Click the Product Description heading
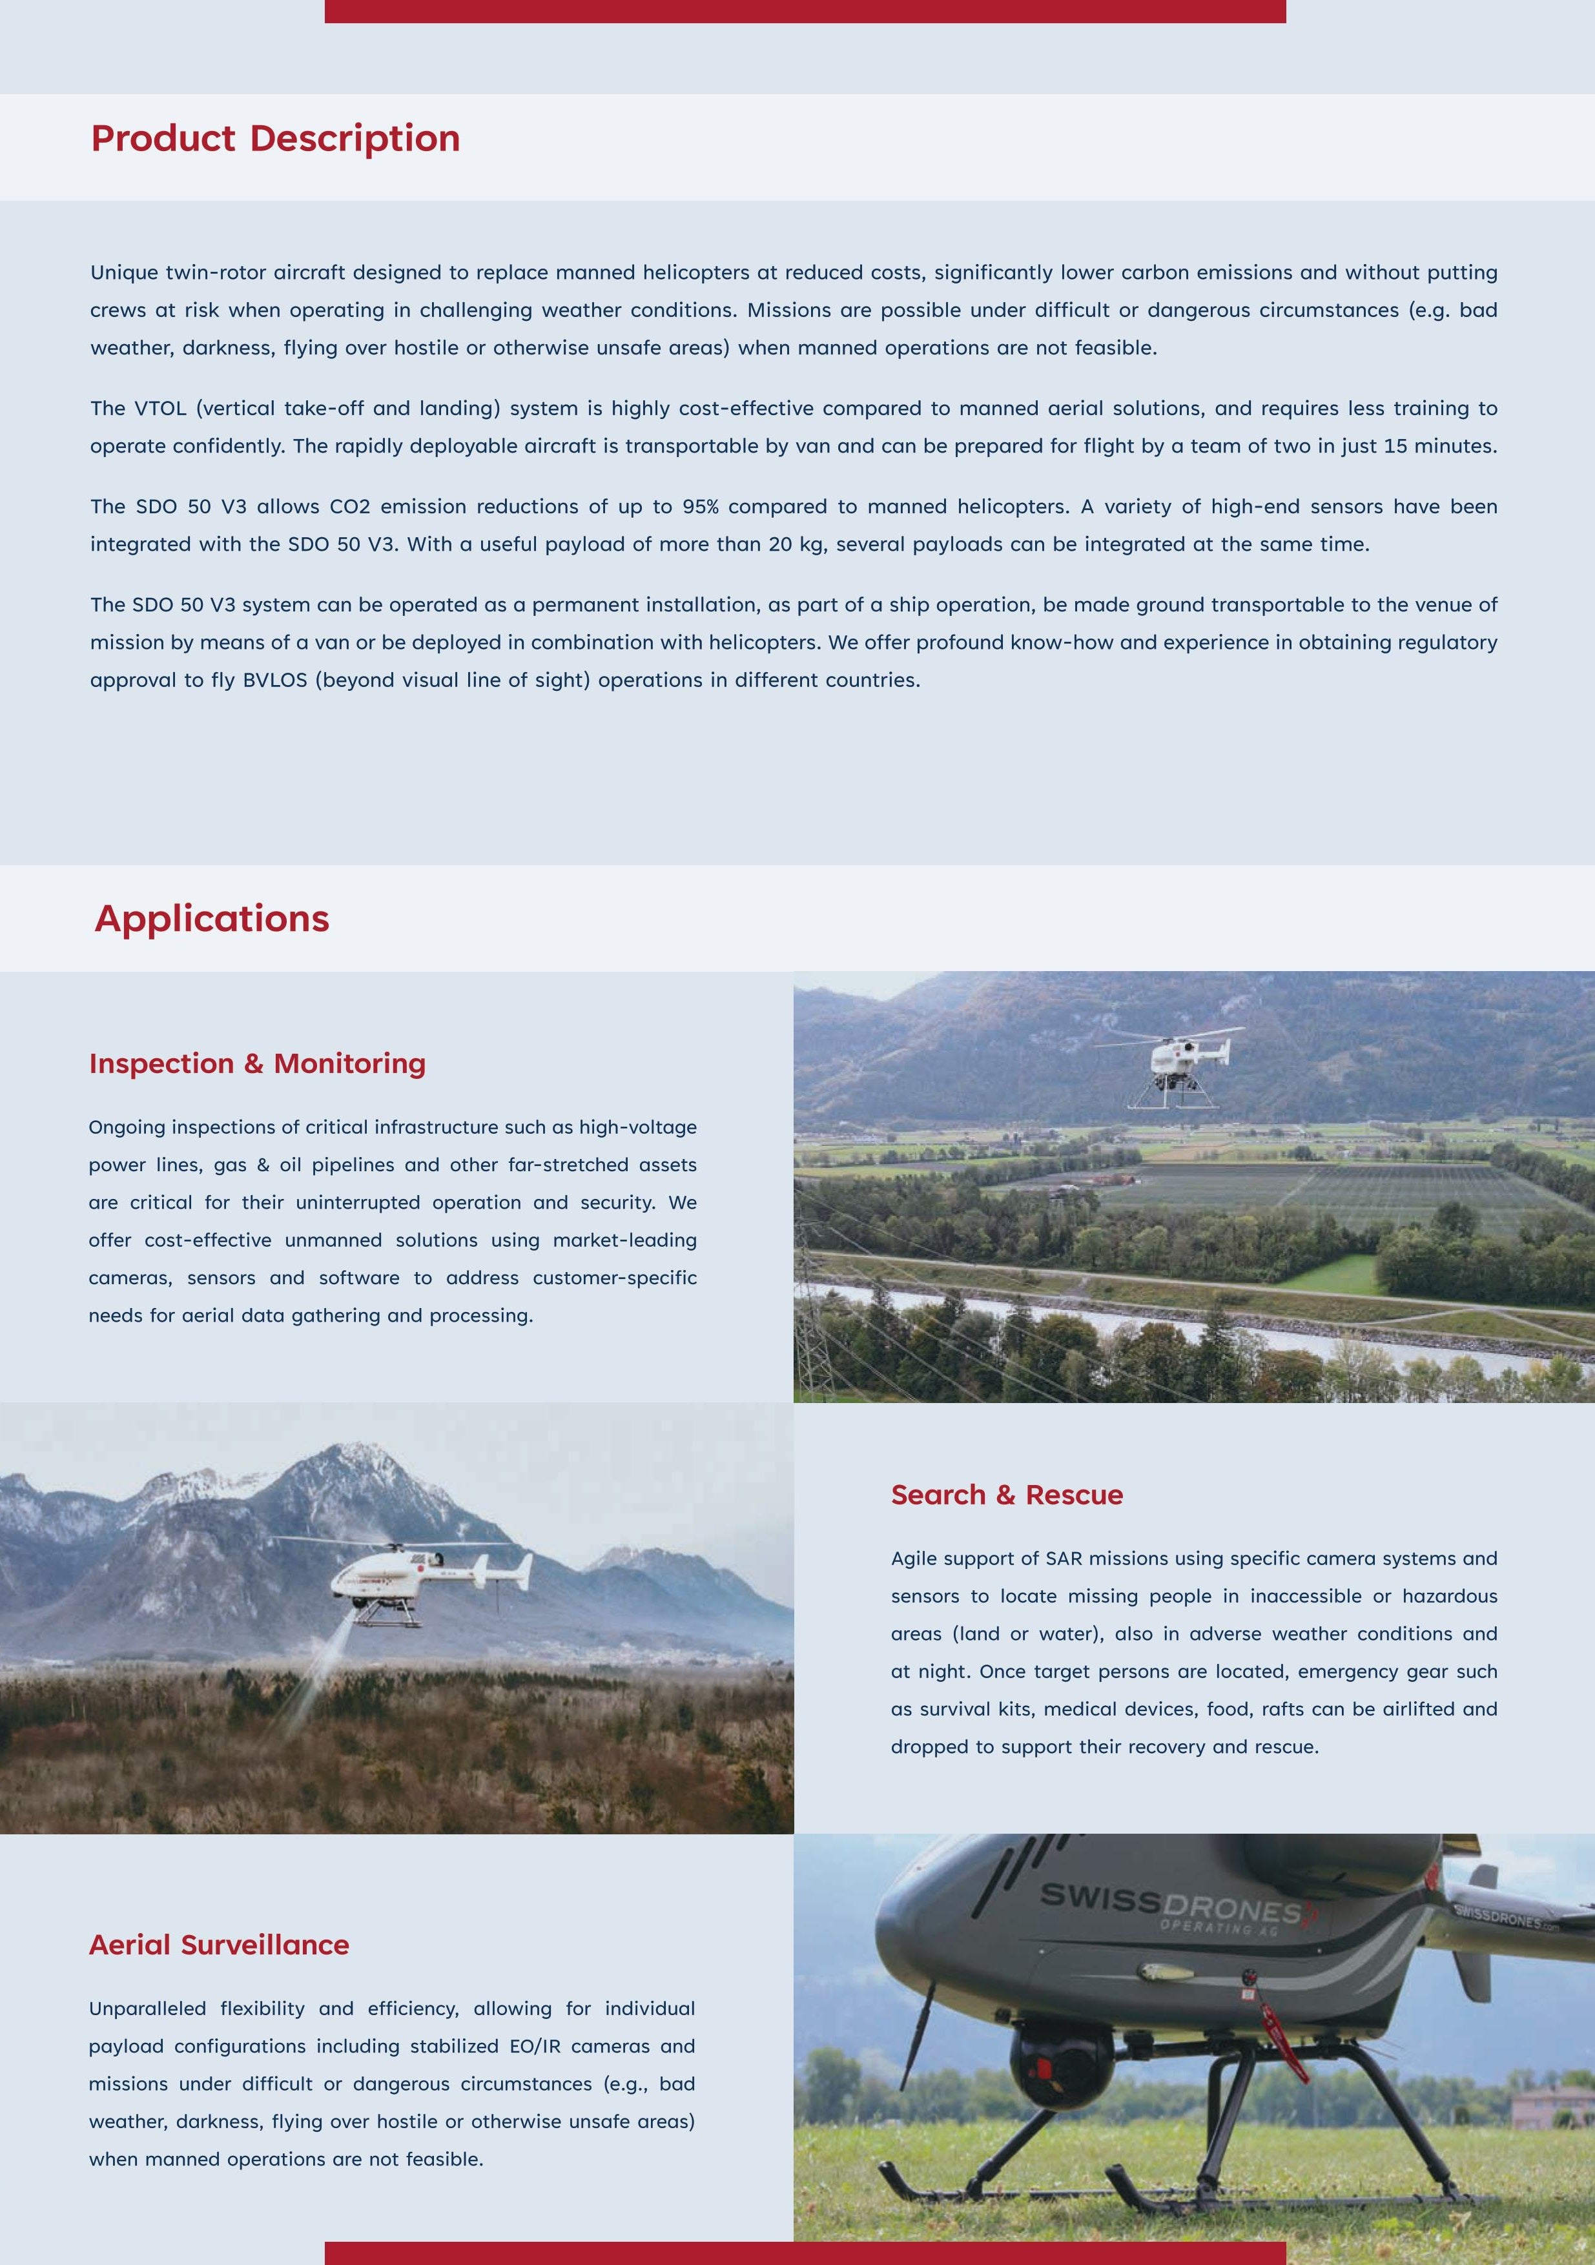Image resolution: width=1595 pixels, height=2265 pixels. [275, 138]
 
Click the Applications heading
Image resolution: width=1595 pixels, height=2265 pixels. [212, 918]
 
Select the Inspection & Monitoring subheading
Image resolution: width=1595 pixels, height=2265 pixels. [258, 1063]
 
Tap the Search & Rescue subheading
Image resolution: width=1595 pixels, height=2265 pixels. [1006, 1495]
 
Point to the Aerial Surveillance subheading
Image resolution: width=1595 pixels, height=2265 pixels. [219, 1944]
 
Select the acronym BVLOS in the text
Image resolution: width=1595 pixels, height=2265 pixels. [274, 681]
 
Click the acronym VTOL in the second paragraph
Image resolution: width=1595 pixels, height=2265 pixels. [159, 409]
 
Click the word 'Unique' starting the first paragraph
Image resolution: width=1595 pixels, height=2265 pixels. [123, 272]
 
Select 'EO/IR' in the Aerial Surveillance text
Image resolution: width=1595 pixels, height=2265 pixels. [535, 2046]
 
